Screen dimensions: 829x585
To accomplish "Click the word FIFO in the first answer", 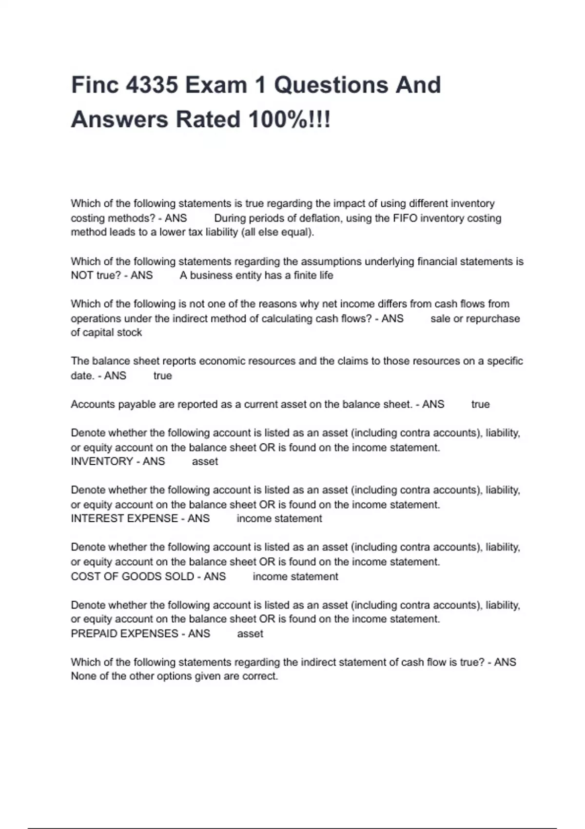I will [x=405, y=218].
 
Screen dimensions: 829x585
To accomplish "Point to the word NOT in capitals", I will [x=82, y=276].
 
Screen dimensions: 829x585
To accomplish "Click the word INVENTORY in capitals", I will [x=102, y=461].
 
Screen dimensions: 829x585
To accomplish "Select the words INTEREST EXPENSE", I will [x=124, y=518].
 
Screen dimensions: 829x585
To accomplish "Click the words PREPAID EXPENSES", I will [x=124, y=633].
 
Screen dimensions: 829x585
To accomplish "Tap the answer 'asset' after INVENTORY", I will [x=205, y=461].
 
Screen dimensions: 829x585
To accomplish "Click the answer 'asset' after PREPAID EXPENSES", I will [x=250, y=633].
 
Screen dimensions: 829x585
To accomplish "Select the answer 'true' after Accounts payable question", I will [x=480, y=404].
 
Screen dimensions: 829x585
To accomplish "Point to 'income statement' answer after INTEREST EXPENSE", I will [x=279, y=518].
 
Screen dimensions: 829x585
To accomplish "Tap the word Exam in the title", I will [x=216, y=85].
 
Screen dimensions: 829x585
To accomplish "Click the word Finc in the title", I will [x=95, y=85].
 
